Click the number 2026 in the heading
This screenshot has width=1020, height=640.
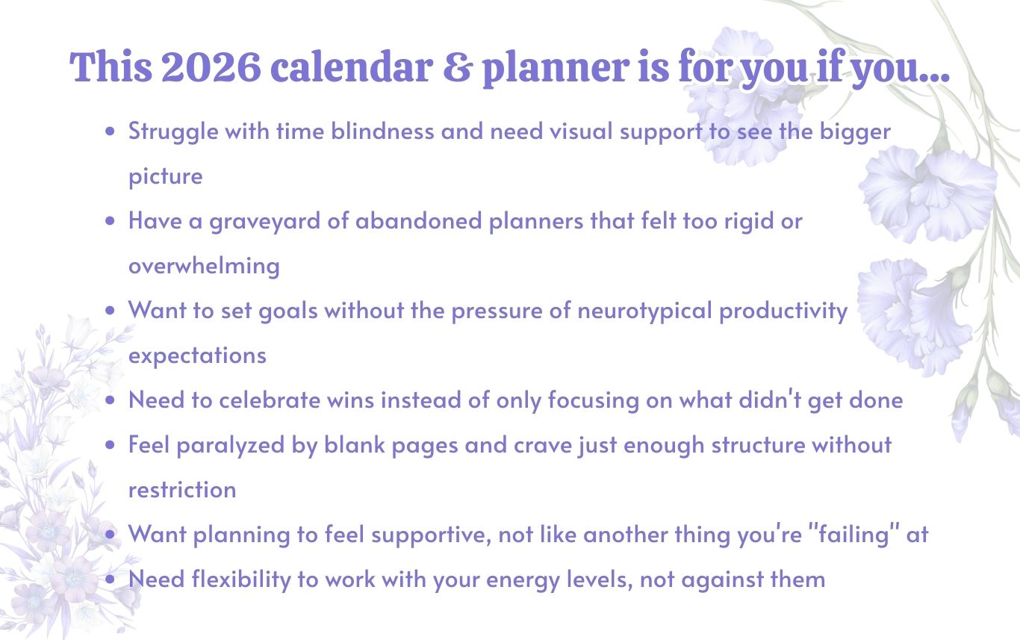(x=211, y=67)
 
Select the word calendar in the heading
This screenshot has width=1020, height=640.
(x=351, y=66)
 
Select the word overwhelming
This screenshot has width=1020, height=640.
(x=204, y=266)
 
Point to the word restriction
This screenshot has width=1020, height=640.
(x=183, y=490)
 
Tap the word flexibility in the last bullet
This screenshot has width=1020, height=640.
(x=241, y=580)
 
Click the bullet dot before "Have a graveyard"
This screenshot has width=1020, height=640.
(x=110, y=221)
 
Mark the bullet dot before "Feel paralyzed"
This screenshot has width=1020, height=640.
(x=110, y=445)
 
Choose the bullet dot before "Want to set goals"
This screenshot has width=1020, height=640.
(x=110, y=311)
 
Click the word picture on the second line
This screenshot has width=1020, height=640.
(x=166, y=177)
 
